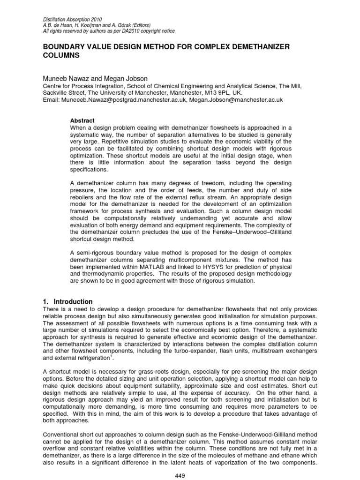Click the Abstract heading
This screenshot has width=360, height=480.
point(82,120)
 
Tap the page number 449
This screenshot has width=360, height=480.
point(180,475)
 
